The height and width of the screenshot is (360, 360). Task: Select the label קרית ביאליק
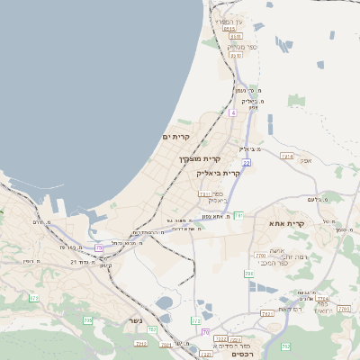pos(219,172)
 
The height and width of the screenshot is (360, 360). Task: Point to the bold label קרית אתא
pos(288,223)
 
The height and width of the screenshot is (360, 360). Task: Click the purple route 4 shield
pos(231,112)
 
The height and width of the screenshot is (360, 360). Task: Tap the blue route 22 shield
pos(246,162)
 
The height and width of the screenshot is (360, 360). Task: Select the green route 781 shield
pos(239,216)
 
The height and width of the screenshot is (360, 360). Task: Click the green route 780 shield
pos(248,273)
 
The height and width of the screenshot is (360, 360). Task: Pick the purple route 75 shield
pos(99,247)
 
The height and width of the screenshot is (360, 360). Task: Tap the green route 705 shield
pos(87,319)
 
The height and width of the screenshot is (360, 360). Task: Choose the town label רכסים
pos(241,354)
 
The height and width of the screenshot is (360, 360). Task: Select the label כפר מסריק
pos(234,46)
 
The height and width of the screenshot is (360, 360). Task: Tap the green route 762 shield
pos(286,346)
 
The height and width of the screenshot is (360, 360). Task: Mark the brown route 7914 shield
pos(287,157)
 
